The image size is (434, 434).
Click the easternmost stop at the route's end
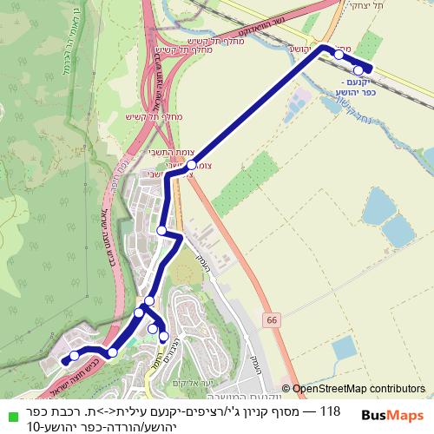click(358, 70)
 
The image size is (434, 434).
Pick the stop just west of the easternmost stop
click(339, 54)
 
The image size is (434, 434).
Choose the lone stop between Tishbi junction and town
click(161, 230)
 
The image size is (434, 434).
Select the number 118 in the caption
click(330, 411)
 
